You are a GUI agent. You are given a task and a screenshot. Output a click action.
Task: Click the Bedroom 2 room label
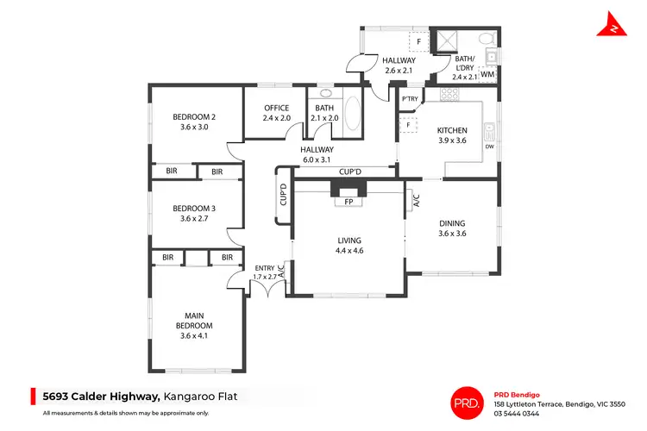193,122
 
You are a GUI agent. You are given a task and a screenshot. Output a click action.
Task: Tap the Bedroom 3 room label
193,213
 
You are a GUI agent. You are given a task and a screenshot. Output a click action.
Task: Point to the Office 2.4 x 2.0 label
276,113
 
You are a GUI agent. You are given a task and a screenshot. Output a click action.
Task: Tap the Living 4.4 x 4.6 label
349,245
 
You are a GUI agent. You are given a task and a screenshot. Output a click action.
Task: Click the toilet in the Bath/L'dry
486,40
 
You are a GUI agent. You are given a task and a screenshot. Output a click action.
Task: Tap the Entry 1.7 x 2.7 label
264,272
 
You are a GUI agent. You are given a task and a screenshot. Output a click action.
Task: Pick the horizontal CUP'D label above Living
349,172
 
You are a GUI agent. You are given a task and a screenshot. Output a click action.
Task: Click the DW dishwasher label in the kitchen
489,147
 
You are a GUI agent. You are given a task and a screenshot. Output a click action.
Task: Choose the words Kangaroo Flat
206,397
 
